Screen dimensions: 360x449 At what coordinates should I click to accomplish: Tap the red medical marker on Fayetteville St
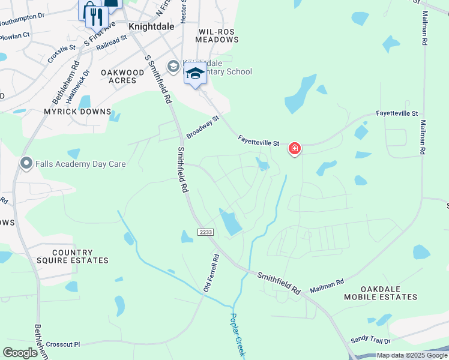(294, 148)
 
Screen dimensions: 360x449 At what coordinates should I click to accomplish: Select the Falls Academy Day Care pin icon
(26, 163)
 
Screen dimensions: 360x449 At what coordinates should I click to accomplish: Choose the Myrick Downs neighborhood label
(77, 112)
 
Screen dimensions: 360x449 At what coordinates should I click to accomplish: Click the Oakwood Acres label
(122, 76)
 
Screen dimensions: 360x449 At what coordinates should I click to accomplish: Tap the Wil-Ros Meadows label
(217, 35)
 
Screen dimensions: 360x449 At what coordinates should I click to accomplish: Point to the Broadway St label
(203, 127)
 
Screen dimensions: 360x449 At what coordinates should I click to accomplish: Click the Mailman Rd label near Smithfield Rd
(327, 287)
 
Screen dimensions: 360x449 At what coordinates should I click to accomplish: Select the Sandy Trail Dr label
(370, 339)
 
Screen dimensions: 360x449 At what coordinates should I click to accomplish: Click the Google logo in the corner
(20, 352)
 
